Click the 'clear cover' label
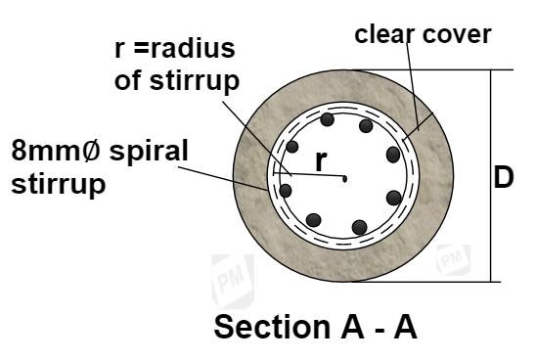422,36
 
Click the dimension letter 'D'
504,179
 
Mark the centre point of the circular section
345,177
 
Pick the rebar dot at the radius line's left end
286,190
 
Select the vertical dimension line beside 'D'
486,176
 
